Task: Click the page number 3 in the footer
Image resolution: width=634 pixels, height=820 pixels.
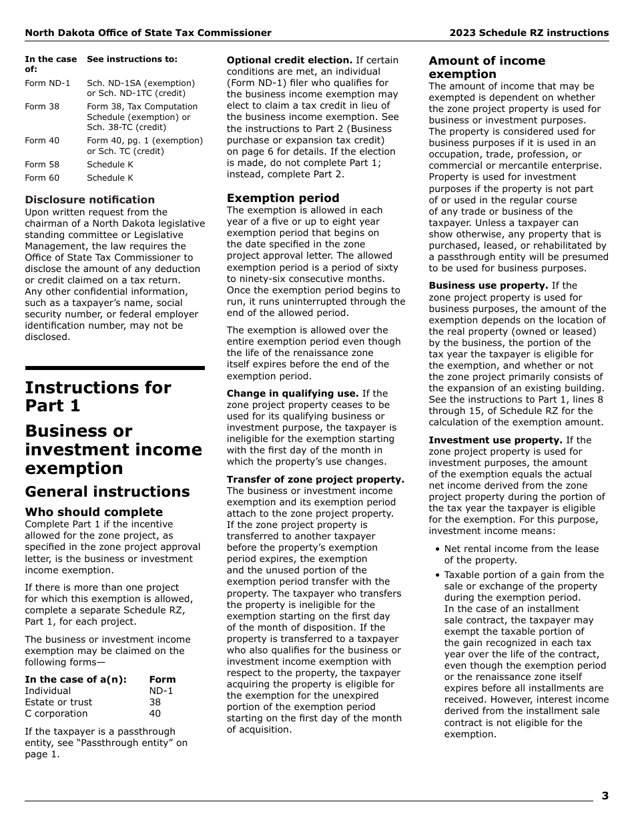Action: [x=605, y=795]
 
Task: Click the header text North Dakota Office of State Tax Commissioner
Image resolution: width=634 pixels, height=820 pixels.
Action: [x=148, y=33]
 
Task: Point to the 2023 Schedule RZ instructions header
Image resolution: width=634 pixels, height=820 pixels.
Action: [x=529, y=33]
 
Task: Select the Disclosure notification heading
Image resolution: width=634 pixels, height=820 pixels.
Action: [x=89, y=199]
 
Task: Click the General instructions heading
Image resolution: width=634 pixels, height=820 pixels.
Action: [x=107, y=491]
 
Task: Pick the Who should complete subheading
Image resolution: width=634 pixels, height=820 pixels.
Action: [x=93, y=512]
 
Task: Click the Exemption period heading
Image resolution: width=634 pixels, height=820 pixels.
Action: [x=283, y=198]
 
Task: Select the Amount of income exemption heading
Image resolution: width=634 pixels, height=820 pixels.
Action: [x=487, y=67]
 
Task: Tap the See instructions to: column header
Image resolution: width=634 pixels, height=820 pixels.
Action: [x=132, y=59]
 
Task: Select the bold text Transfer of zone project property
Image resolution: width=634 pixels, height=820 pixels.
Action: [x=315, y=479]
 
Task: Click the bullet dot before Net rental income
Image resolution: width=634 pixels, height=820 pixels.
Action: [x=437, y=549]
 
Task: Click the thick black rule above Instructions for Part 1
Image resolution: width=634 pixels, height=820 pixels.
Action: [x=115, y=367]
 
